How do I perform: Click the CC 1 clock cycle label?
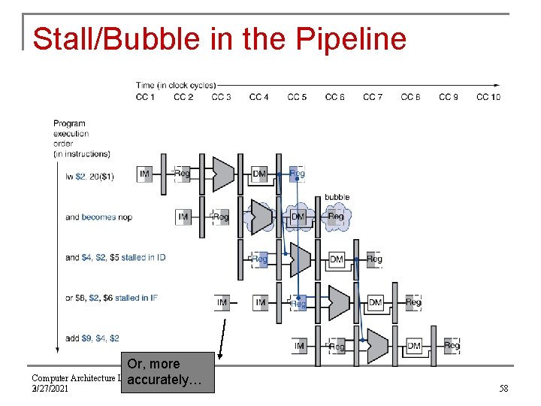(x=145, y=96)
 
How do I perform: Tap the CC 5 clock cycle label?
(x=297, y=96)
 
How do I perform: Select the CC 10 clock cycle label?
(x=488, y=96)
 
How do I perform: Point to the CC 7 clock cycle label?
(x=373, y=96)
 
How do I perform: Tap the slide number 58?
(x=503, y=389)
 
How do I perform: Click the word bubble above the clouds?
(x=337, y=197)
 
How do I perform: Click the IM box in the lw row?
(x=145, y=174)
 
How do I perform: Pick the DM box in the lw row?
(x=259, y=174)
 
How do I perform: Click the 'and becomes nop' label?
(x=98, y=217)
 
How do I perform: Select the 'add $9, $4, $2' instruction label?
(x=92, y=338)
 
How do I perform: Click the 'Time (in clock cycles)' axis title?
(x=175, y=85)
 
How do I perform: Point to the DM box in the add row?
(x=414, y=345)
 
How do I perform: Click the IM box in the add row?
(x=300, y=346)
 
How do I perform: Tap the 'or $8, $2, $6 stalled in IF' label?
(x=111, y=298)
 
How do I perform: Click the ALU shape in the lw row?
(x=223, y=174)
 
